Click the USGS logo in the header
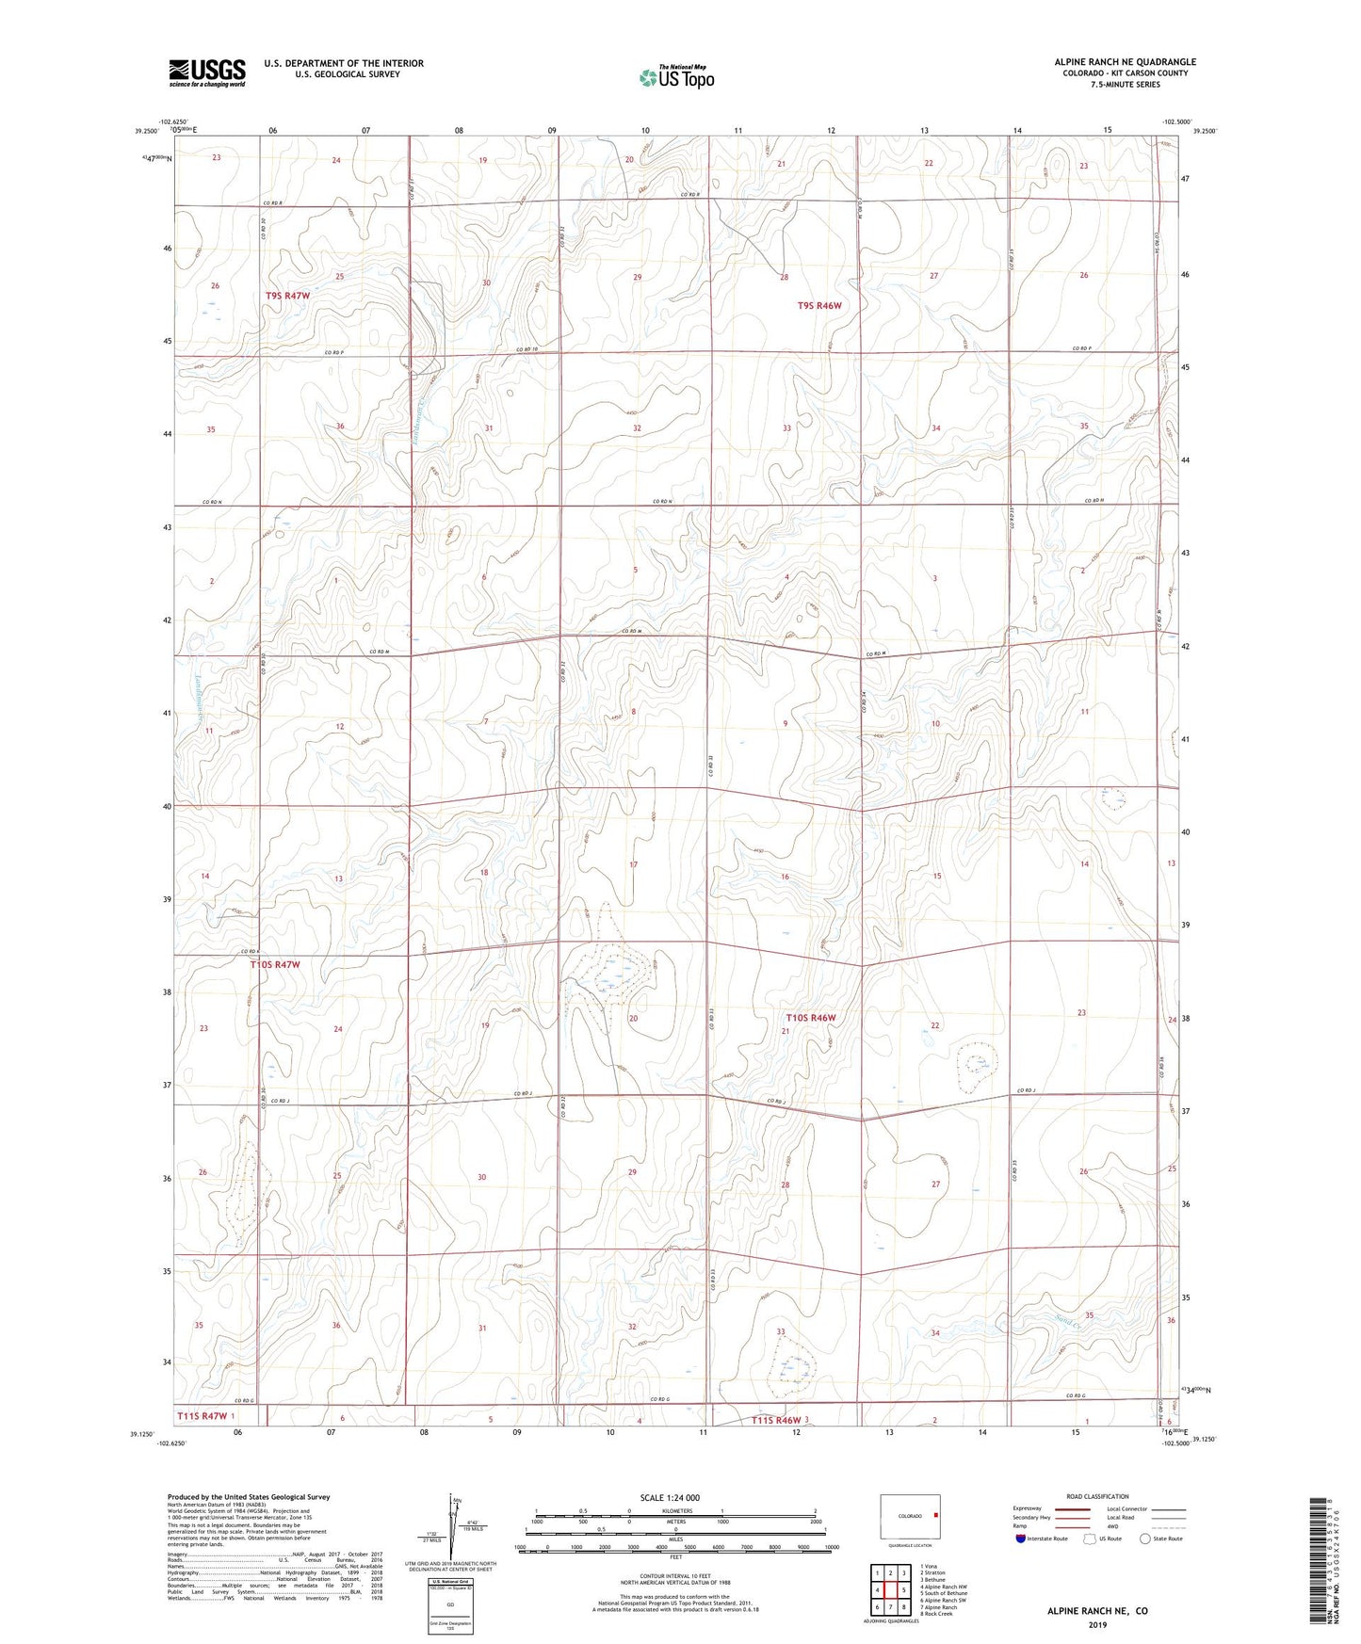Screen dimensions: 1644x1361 pos(206,73)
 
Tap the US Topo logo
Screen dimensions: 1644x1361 pos(675,77)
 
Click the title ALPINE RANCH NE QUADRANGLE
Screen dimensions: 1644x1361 pos(1125,62)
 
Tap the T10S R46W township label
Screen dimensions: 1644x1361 pos(811,1018)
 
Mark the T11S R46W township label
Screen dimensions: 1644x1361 pos(775,1420)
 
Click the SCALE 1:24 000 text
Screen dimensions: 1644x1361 pos(670,1497)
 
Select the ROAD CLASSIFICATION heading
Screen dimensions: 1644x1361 pos(1098,1496)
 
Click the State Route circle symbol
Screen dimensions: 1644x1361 pos(1145,1539)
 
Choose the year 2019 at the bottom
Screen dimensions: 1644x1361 pos(1097,1625)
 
